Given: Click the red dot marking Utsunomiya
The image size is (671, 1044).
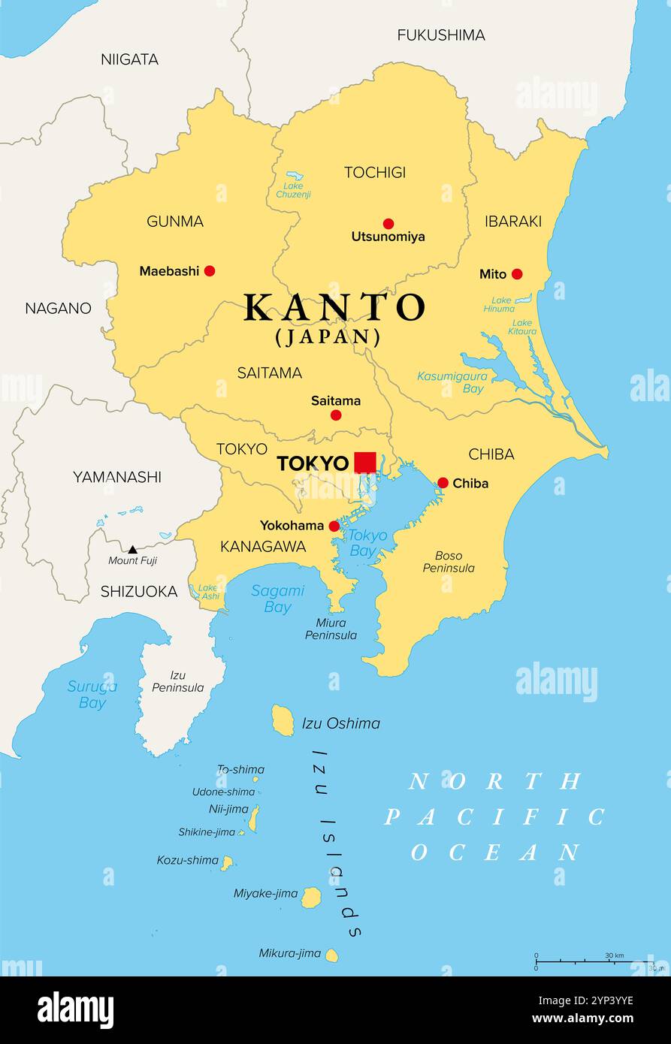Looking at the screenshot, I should coord(388,223).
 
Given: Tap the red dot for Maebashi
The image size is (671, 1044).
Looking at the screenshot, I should coord(210,270).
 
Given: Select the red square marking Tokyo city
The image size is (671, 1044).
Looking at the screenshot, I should coord(365,462).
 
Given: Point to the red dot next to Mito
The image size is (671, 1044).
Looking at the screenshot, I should coord(517,274).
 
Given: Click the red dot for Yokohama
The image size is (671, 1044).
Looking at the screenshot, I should coord(334,526).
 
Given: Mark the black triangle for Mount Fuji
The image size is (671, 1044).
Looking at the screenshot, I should coord(132,550).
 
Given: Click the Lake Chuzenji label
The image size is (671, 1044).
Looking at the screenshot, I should coord(293,190).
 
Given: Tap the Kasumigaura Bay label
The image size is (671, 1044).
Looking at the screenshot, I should coord(452,382).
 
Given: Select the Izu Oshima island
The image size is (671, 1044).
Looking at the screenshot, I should coord(283,720).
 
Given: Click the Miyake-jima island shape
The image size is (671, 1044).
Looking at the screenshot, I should coord(311,897).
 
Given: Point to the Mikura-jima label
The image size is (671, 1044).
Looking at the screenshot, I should coord(290,953).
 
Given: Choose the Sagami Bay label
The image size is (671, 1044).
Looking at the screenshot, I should coord(277,599).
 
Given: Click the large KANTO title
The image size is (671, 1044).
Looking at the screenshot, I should coord(334,307).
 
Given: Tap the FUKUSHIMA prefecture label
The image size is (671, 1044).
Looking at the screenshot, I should coord(441,35).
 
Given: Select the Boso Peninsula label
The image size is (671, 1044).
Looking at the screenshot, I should coord(449,562).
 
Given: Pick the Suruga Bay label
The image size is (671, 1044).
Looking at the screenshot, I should coord(92,694).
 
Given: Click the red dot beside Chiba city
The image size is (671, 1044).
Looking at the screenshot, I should coord(443,483).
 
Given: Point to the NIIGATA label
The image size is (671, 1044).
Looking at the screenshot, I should coord(129,59).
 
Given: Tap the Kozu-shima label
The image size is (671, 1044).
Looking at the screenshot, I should coord(187,860).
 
